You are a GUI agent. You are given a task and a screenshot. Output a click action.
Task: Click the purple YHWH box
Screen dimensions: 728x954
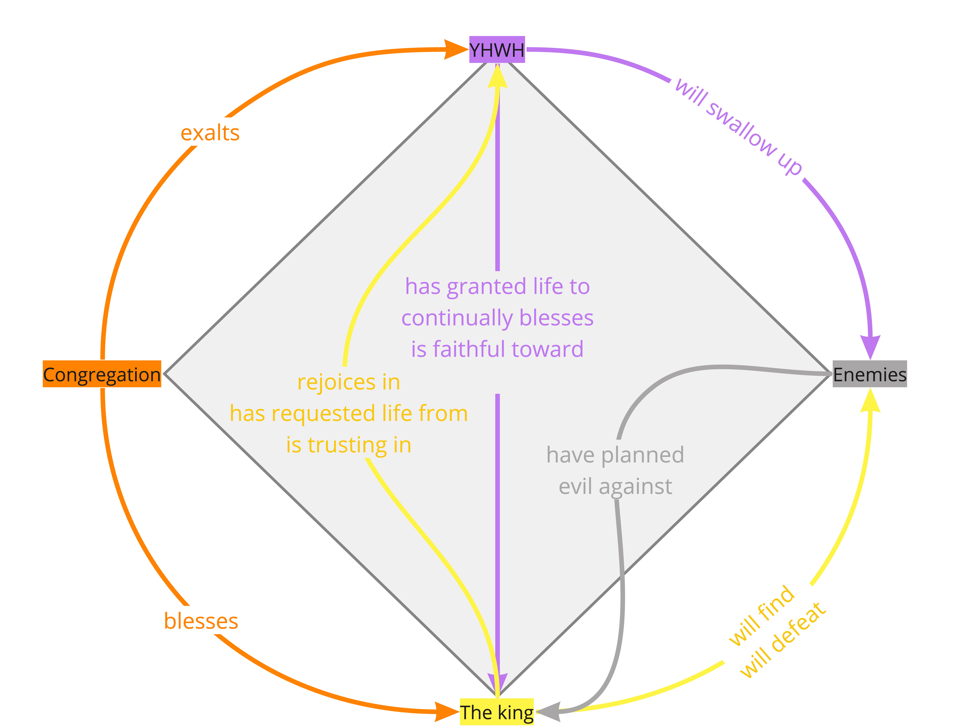497,49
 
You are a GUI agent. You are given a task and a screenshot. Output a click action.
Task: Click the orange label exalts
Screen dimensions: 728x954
210,133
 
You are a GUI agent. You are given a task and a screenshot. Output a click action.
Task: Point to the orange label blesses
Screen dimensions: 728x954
201,621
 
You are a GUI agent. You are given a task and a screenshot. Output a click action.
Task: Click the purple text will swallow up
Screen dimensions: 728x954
739,127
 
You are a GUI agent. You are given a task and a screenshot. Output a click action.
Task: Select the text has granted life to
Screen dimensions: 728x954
497,286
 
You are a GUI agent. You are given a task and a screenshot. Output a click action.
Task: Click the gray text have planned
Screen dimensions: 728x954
615,455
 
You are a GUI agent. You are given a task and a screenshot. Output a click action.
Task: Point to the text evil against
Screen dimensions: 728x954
615,486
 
